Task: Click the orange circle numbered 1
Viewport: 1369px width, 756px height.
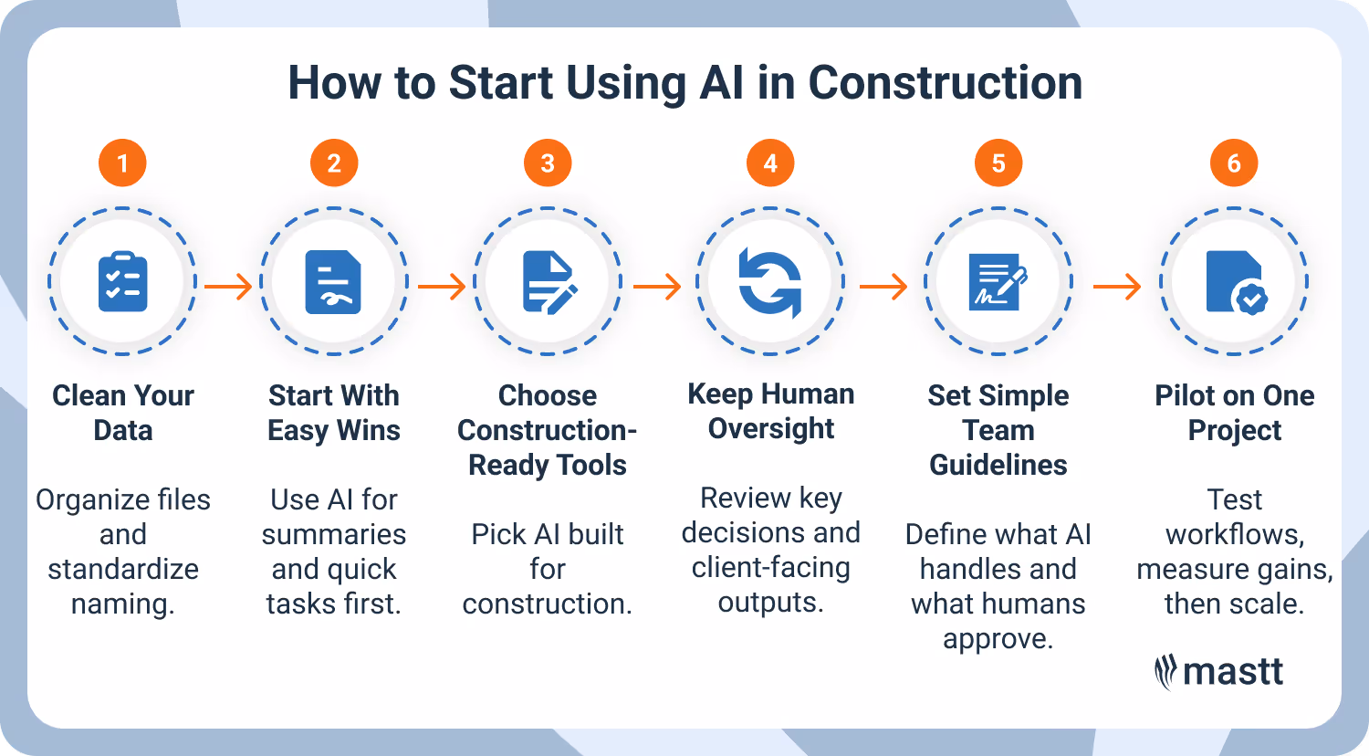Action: tap(122, 164)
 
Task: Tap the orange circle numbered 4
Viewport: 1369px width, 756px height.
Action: tap(770, 164)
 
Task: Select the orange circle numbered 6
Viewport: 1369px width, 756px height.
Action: tap(1234, 164)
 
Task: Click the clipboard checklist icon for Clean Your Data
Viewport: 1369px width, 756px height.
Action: tap(122, 282)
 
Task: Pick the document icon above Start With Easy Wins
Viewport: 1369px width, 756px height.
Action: tap(333, 282)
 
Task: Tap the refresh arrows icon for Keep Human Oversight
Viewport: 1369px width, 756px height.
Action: tap(770, 282)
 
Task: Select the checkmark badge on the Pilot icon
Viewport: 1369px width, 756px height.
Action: tap(1250, 298)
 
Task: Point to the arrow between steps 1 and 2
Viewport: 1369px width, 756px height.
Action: tap(228, 288)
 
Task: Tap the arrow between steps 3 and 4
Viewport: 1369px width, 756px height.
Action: tap(657, 288)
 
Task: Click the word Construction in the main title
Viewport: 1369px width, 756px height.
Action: tap(945, 83)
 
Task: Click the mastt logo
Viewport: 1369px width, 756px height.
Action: tap(1218, 672)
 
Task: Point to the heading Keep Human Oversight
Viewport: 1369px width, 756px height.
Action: tap(771, 411)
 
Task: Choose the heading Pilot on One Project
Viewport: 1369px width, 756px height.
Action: tap(1235, 413)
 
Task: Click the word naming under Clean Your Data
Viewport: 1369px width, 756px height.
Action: tap(122, 604)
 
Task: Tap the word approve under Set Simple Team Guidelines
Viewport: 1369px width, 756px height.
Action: tap(998, 639)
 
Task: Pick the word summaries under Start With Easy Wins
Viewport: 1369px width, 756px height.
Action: tap(334, 535)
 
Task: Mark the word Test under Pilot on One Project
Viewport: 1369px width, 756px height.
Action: tap(1235, 500)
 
